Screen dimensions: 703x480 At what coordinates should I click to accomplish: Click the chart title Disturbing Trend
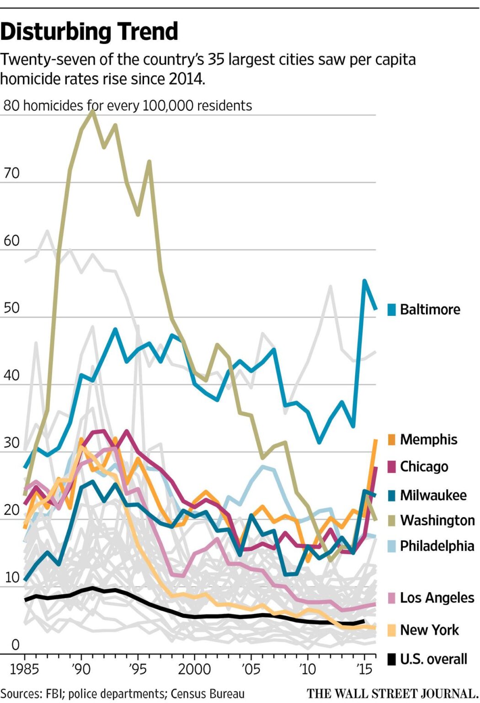[x=89, y=32]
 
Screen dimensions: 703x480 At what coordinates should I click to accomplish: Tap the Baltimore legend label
[x=430, y=309]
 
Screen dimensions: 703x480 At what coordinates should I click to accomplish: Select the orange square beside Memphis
[x=391, y=439]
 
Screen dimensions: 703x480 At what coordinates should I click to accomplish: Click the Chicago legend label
[x=424, y=466]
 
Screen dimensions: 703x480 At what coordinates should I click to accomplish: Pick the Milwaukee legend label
[x=433, y=495]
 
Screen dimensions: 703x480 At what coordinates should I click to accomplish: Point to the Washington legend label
[x=437, y=520]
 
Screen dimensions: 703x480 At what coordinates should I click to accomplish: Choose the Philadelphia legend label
[x=437, y=546]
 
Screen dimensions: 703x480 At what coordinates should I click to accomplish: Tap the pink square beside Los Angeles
[x=391, y=598]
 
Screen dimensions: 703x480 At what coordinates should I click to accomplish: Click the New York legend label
[x=429, y=630]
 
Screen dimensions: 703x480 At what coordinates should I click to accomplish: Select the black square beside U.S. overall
[x=391, y=659]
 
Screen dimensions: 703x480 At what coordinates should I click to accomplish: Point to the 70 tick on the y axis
[x=11, y=173]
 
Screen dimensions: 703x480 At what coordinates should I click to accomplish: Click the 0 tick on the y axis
[x=15, y=645]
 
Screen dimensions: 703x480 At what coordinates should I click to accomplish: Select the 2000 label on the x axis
[x=194, y=669]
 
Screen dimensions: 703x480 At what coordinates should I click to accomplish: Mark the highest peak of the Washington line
[x=93, y=112]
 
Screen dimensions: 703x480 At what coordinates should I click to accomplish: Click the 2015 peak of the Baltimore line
[x=364, y=281]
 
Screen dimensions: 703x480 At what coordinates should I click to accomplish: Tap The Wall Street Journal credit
[x=392, y=693]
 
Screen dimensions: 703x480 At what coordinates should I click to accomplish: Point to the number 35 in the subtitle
[x=216, y=59]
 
